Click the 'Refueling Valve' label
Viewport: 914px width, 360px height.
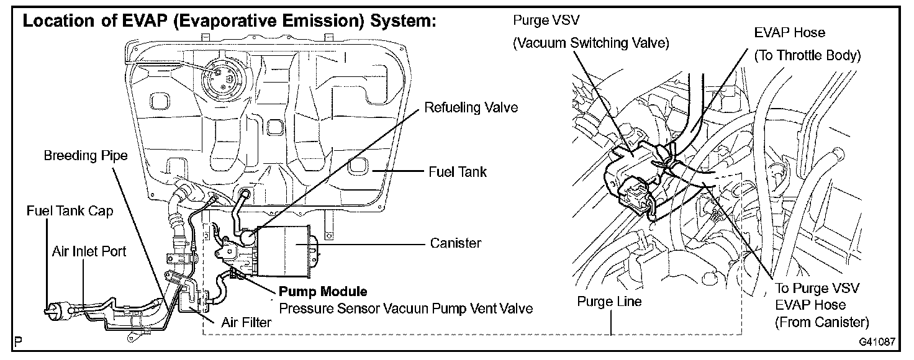click(x=471, y=108)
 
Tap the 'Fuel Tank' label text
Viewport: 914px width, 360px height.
click(x=458, y=173)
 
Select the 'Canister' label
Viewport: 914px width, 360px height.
click(x=455, y=243)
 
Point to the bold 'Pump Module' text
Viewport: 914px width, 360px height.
click(x=323, y=291)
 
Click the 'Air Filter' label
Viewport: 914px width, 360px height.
click(x=247, y=323)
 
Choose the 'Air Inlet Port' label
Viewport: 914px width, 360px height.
click(x=89, y=251)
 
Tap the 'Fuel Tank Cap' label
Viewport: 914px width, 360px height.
click(x=70, y=212)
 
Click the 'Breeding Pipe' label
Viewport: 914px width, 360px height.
click(x=86, y=156)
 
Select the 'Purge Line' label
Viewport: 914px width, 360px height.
click(x=609, y=302)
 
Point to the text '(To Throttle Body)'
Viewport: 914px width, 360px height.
click(x=807, y=56)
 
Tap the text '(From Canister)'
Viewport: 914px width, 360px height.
click(x=822, y=322)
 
